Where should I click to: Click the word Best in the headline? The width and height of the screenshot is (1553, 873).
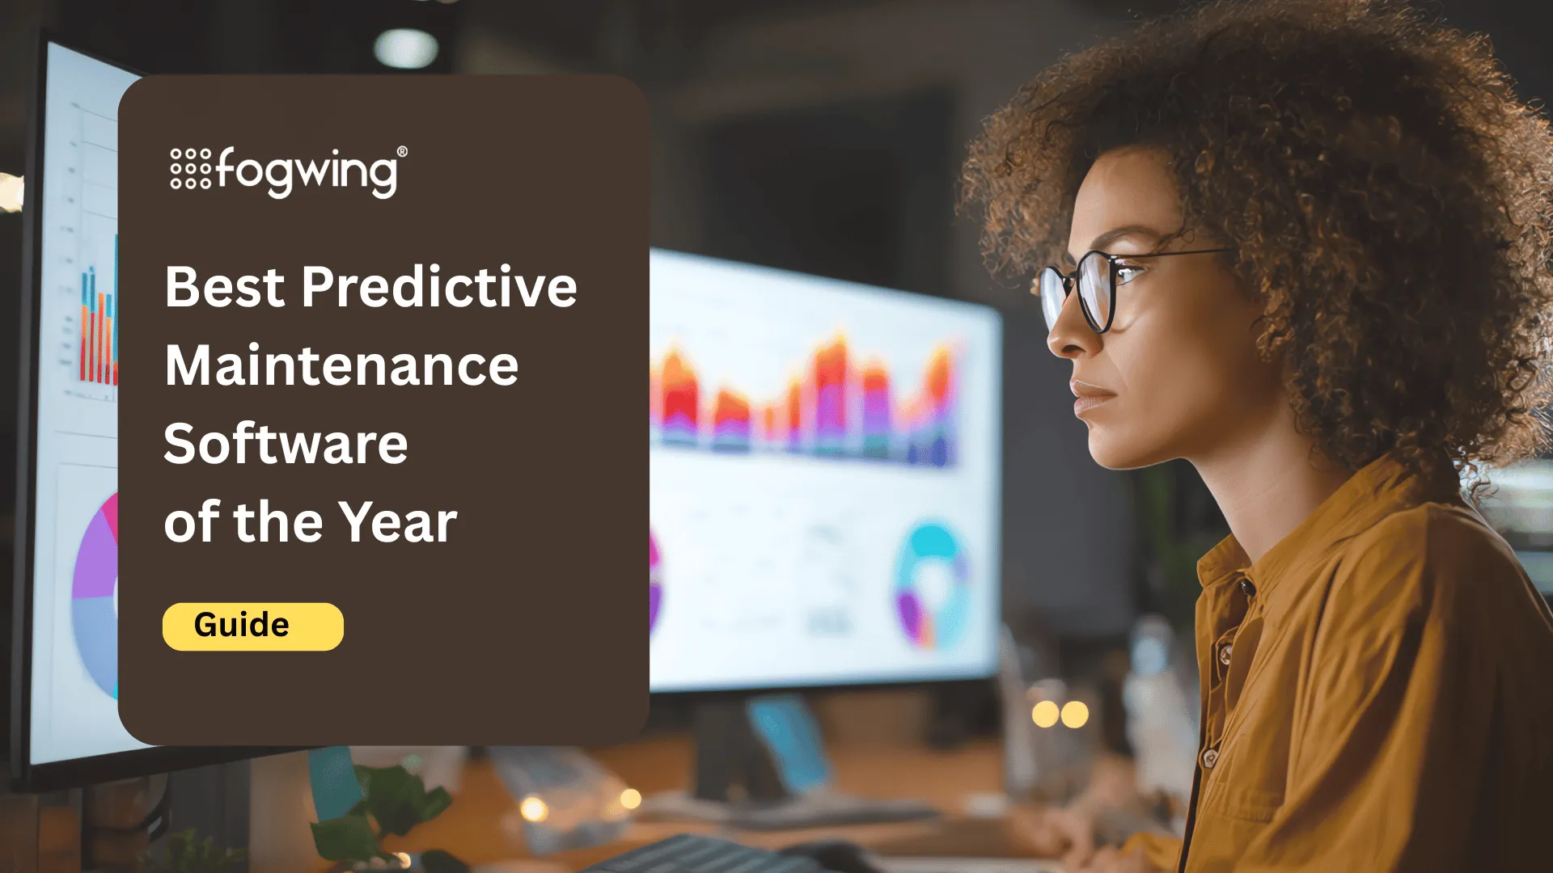(x=225, y=287)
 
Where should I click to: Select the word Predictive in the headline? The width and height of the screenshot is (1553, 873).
(x=439, y=287)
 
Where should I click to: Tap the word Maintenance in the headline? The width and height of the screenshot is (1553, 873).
(x=341, y=365)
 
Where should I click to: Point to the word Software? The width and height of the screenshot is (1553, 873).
(x=286, y=444)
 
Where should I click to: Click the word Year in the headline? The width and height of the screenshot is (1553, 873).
(x=397, y=522)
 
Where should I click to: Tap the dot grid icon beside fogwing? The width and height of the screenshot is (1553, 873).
(x=191, y=168)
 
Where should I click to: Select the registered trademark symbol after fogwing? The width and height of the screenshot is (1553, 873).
(x=402, y=152)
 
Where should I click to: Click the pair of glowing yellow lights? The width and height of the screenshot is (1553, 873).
(x=1060, y=715)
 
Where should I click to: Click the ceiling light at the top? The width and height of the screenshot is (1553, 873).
(x=406, y=48)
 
